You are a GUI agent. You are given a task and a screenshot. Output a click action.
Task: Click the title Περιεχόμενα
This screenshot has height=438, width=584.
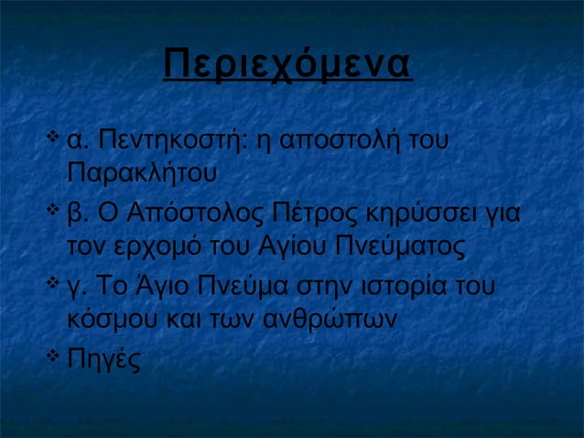pyautogui.click(x=287, y=64)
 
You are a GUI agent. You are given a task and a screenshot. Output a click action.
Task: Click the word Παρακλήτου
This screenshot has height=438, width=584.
pyautogui.click(x=141, y=172)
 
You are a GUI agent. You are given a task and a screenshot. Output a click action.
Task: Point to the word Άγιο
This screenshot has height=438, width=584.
pyautogui.click(x=175, y=288)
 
